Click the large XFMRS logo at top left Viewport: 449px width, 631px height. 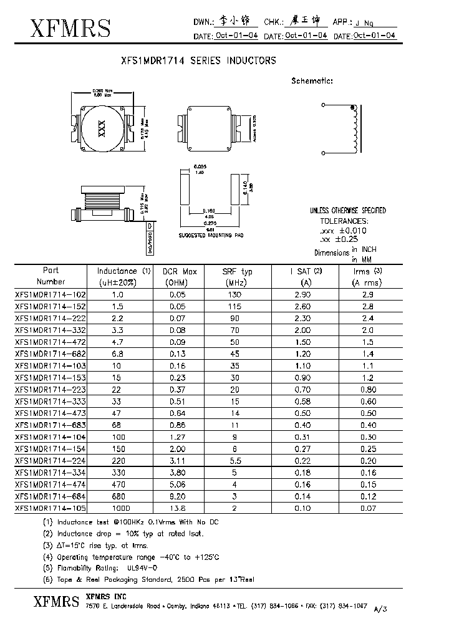(x=62, y=27)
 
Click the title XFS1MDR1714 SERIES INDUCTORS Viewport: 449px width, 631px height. (x=197, y=61)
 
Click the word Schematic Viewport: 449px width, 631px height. (x=312, y=80)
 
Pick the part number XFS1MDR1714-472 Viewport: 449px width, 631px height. (x=51, y=342)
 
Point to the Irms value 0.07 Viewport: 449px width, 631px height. (x=368, y=508)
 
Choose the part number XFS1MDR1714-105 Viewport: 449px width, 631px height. (x=51, y=508)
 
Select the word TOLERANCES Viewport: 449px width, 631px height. (x=344, y=221)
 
